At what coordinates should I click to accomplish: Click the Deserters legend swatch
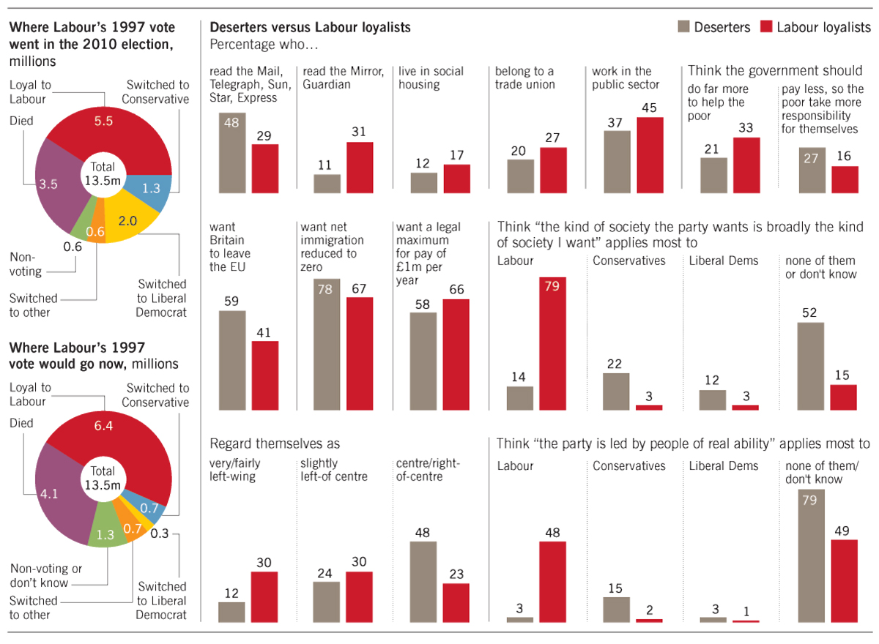point(683,27)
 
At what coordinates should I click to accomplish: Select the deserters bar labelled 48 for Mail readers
point(232,153)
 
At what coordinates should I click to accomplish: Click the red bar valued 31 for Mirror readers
point(360,168)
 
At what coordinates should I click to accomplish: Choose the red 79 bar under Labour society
point(552,343)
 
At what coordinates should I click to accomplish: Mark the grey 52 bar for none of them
point(811,366)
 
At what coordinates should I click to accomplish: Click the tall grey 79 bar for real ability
point(811,555)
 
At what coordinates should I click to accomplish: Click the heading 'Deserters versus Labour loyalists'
point(310,28)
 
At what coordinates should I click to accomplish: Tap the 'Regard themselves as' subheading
point(275,443)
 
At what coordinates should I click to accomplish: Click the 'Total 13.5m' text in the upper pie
point(103,173)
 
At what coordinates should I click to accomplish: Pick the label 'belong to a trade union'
point(525,78)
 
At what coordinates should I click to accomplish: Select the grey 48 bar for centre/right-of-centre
point(423,582)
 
